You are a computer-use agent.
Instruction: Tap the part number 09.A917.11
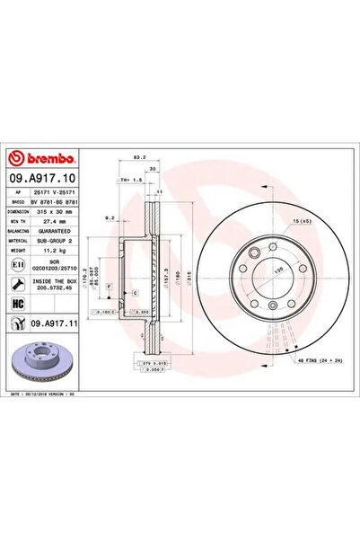pos(46,323)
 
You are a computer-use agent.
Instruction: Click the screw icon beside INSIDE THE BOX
pos(19,279)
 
